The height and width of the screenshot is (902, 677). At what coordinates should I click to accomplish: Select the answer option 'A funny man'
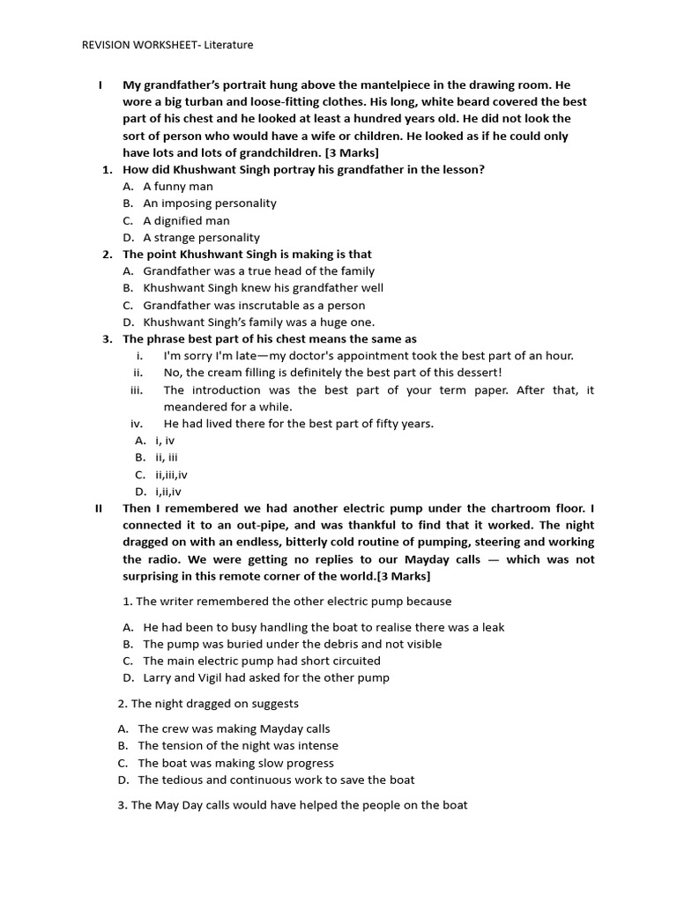177,186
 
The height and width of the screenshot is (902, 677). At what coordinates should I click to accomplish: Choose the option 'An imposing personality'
209,203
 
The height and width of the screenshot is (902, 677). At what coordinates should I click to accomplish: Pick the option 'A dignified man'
186,220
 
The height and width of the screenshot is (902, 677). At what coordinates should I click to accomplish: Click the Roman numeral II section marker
99,508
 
